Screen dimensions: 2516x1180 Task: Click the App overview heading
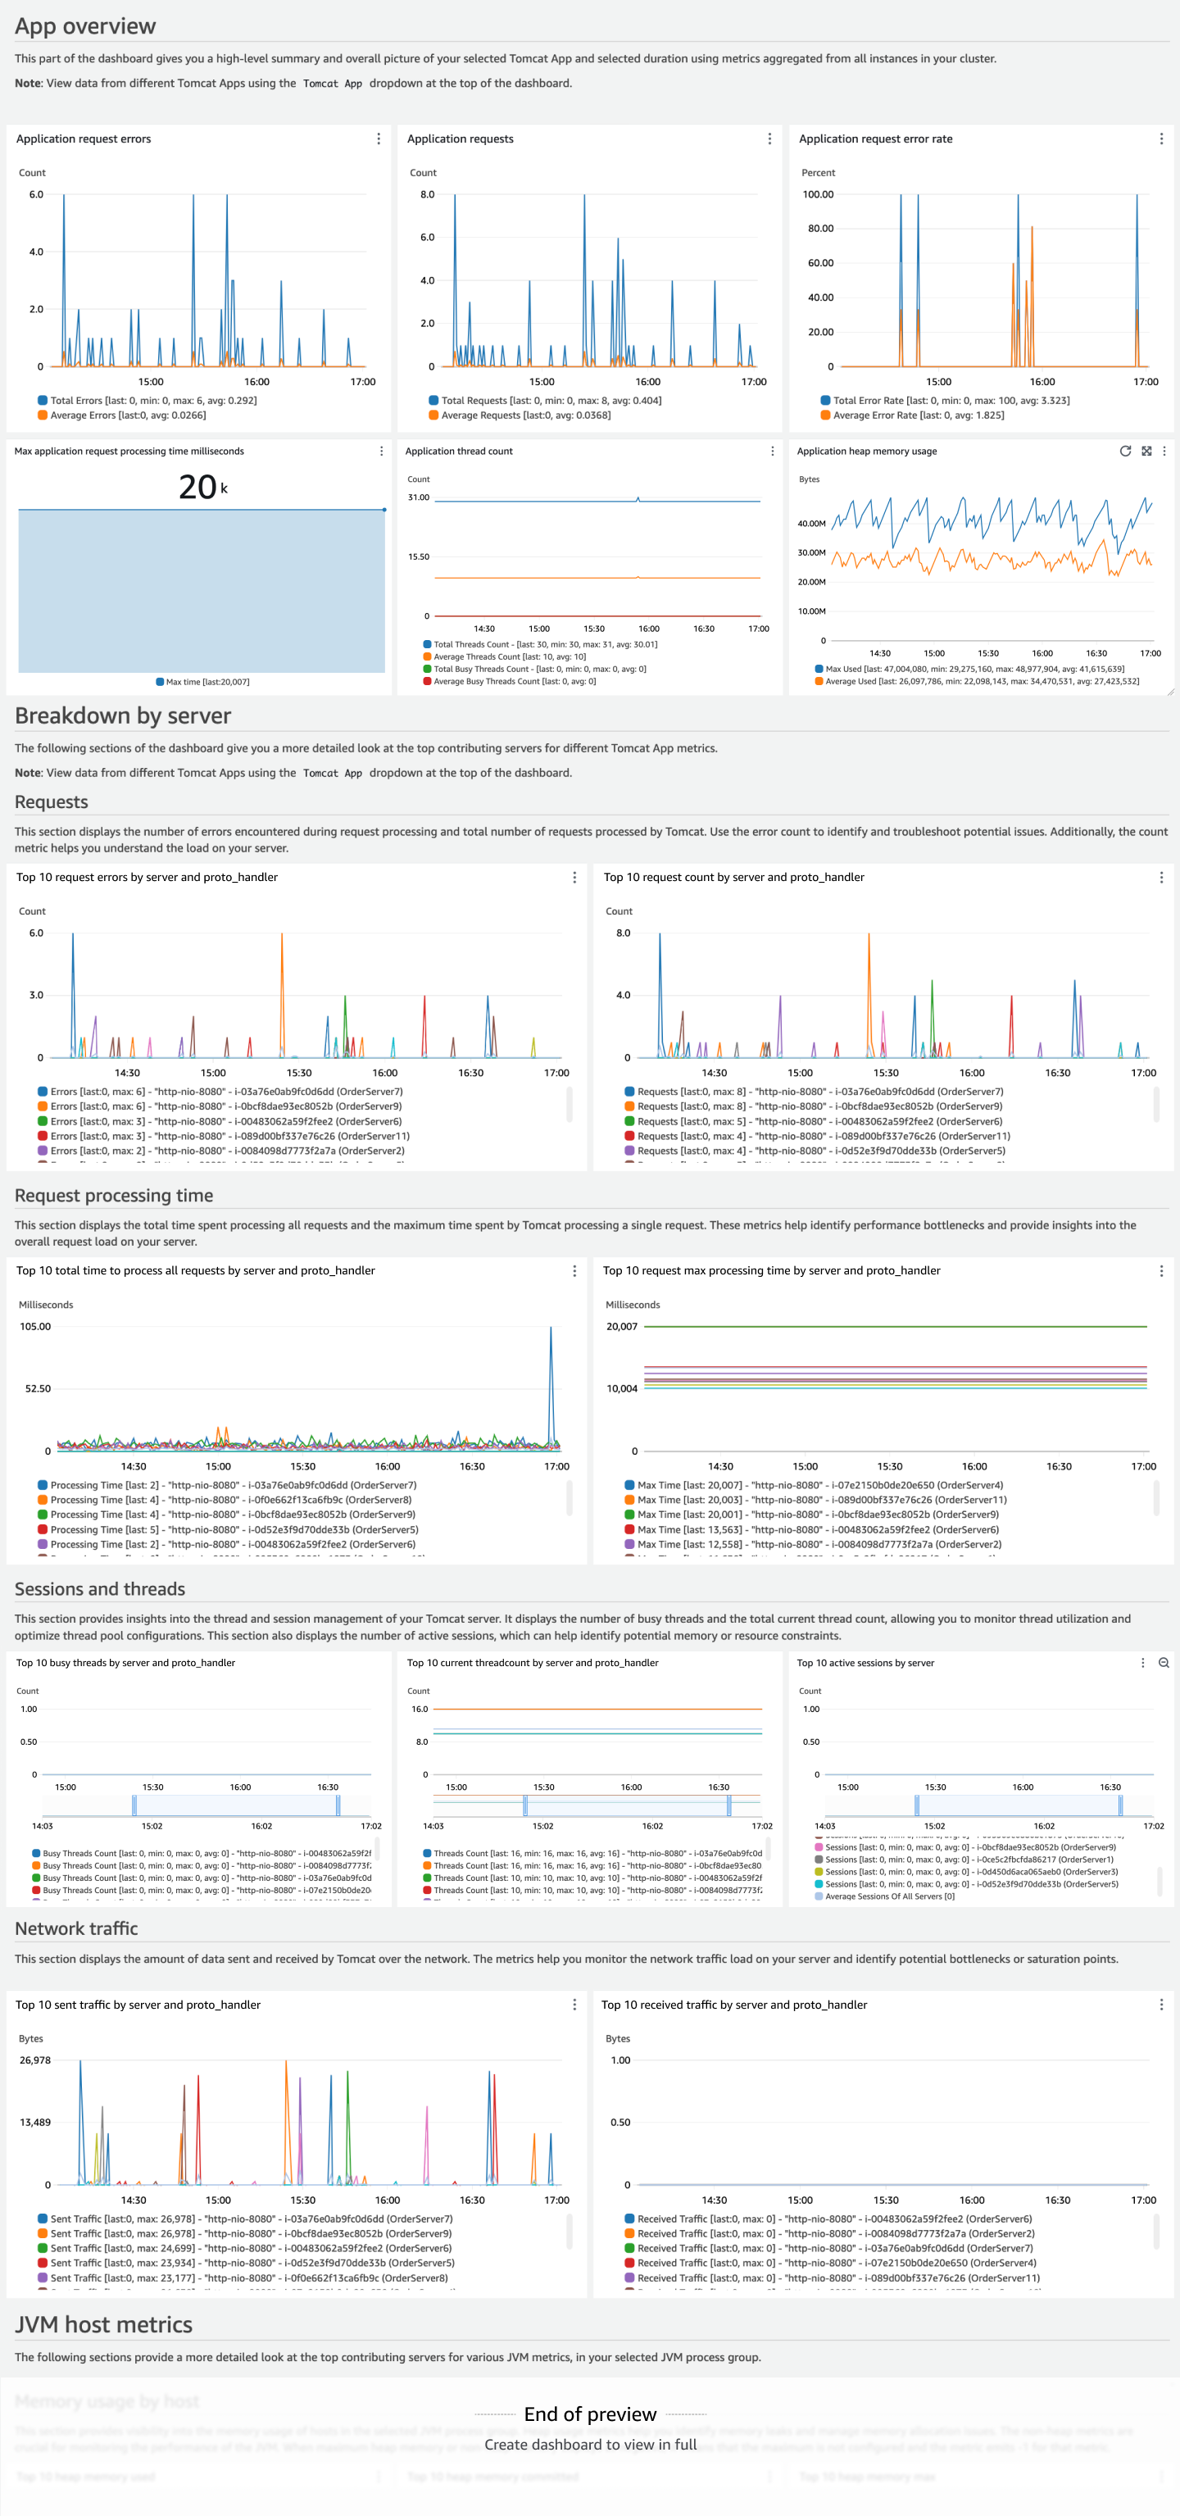pos(85,26)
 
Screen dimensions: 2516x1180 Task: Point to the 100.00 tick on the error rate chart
pos(818,194)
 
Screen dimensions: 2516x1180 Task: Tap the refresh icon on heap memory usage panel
pos(1125,452)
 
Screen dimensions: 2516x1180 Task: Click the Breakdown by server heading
pos(123,716)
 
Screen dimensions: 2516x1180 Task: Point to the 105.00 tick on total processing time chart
pos(35,1326)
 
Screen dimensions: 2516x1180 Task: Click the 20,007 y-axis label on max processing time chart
pos(621,1326)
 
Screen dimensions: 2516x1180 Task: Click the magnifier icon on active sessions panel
pos(1164,1662)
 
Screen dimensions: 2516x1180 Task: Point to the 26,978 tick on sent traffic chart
pos(35,2060)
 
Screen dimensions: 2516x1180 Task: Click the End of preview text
pos(590,2414)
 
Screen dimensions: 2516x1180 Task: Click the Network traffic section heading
pos(76,1928)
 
